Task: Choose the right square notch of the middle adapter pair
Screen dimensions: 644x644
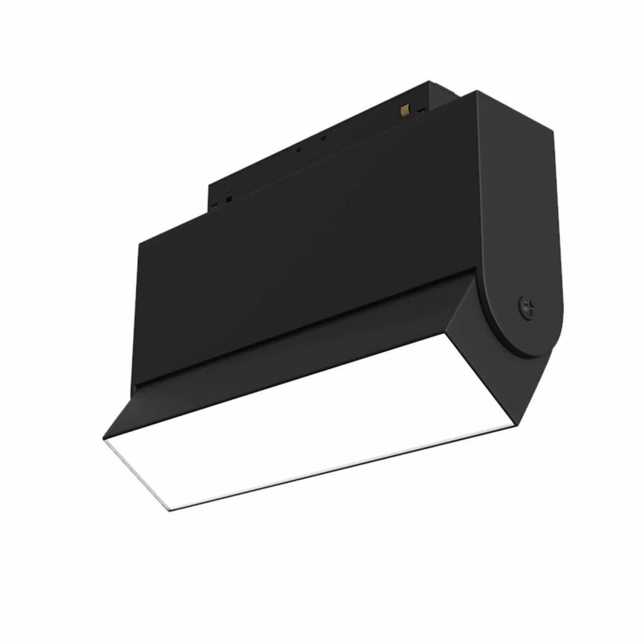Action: coord(323,138)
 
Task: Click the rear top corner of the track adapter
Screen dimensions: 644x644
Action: coord(429,82)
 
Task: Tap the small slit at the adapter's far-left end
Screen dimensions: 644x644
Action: coord(213,205)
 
